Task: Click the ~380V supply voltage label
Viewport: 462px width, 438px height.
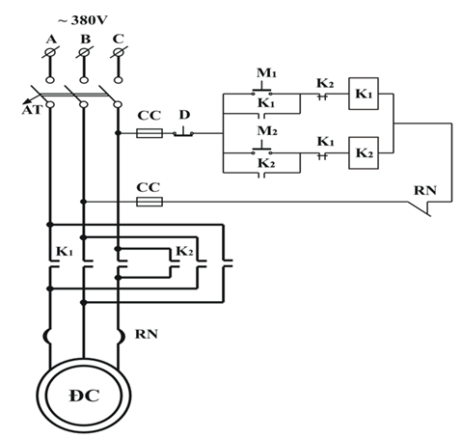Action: [83, 20]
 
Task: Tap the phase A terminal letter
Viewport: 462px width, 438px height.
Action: [51, 40]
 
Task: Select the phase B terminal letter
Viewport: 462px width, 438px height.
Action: [86, 39]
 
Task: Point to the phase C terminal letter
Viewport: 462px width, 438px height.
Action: [119, 39]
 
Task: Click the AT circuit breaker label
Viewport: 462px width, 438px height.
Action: [32, 110]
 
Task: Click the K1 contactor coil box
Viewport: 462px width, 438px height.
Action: [364, 94]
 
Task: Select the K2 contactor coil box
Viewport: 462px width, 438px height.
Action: [364, 153]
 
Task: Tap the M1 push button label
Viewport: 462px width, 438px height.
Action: [266, 73]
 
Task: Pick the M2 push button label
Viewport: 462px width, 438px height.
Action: [267, 131]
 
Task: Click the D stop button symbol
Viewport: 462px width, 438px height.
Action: [183, 132]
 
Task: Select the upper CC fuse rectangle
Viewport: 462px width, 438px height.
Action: [149, 133]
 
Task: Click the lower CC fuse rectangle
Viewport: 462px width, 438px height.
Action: [149, 202]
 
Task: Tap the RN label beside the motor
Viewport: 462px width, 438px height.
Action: [147, 335]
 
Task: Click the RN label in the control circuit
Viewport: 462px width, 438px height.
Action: [425, 190]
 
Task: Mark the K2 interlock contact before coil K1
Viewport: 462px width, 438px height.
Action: [323, 96]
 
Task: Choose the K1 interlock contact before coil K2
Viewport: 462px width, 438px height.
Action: [323, 155]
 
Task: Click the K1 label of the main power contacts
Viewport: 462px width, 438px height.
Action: [65, 251]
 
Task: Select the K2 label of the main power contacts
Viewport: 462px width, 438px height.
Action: [184, 251]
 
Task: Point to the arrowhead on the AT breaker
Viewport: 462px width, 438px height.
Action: [26, 101]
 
